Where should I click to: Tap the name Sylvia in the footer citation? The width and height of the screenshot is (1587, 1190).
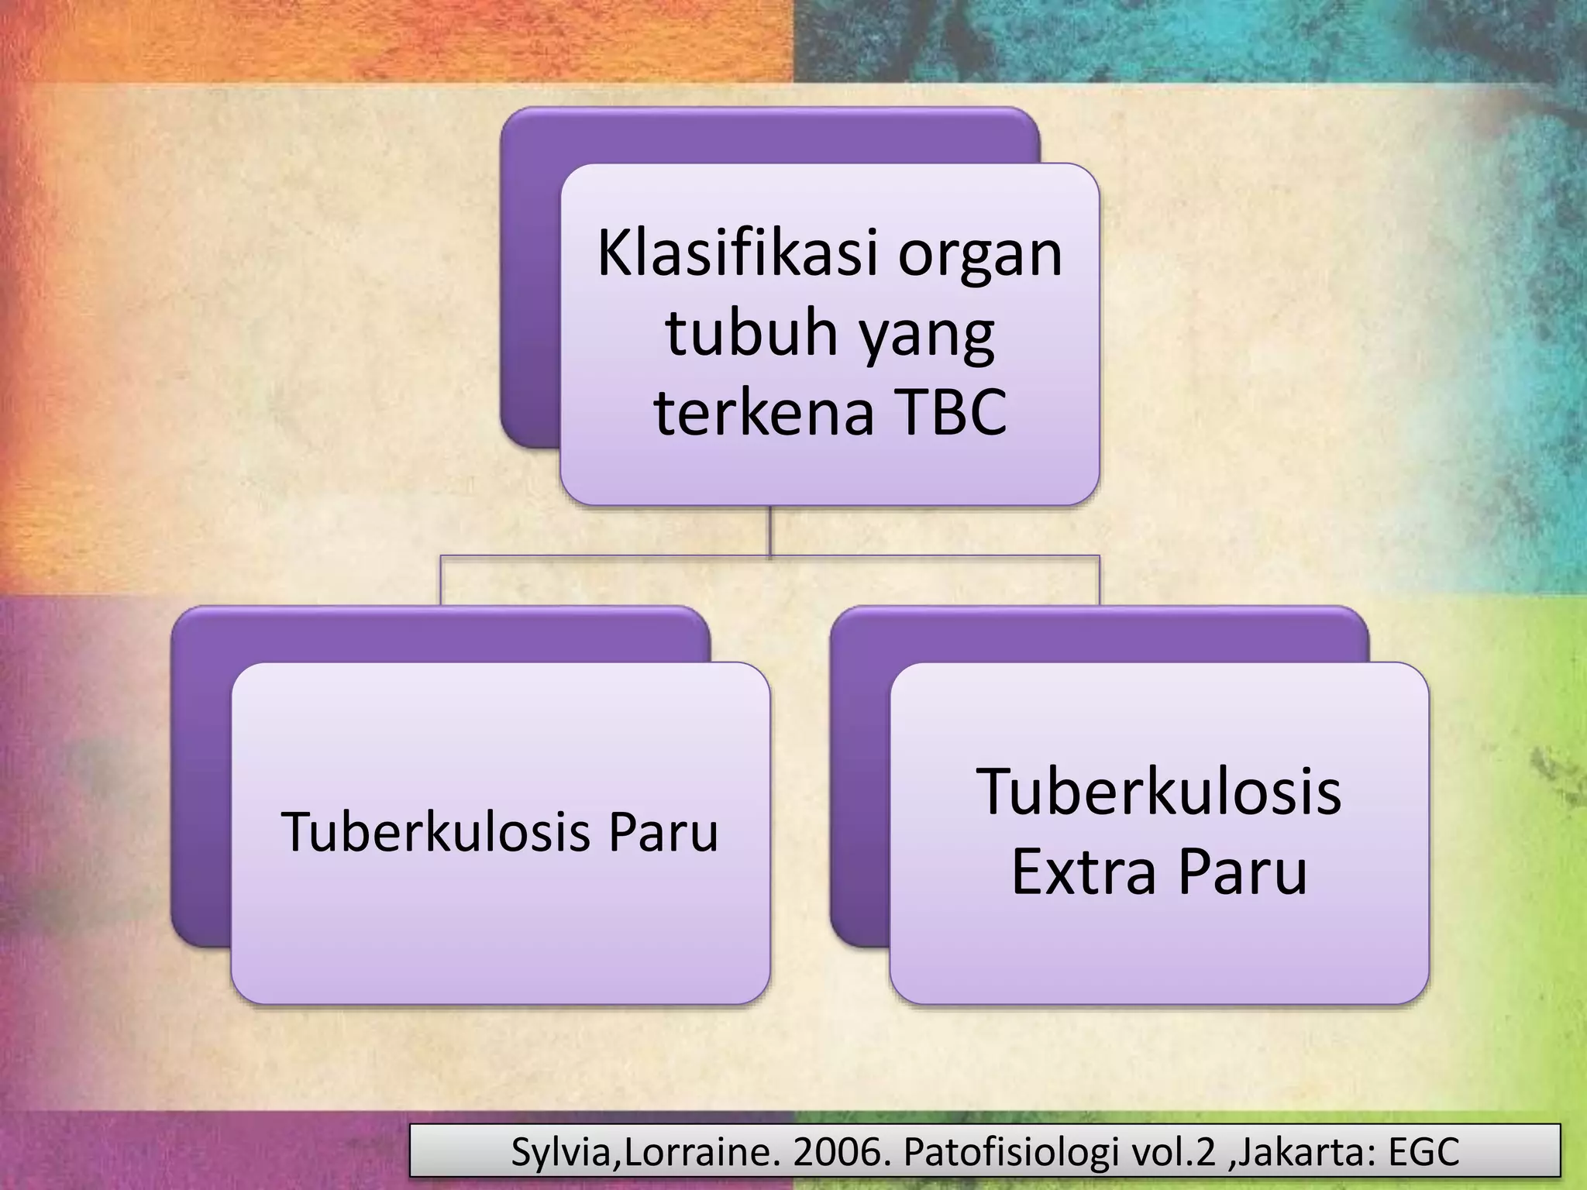tap(561, 1152)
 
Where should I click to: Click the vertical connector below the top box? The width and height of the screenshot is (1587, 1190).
tap(769, 530)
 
